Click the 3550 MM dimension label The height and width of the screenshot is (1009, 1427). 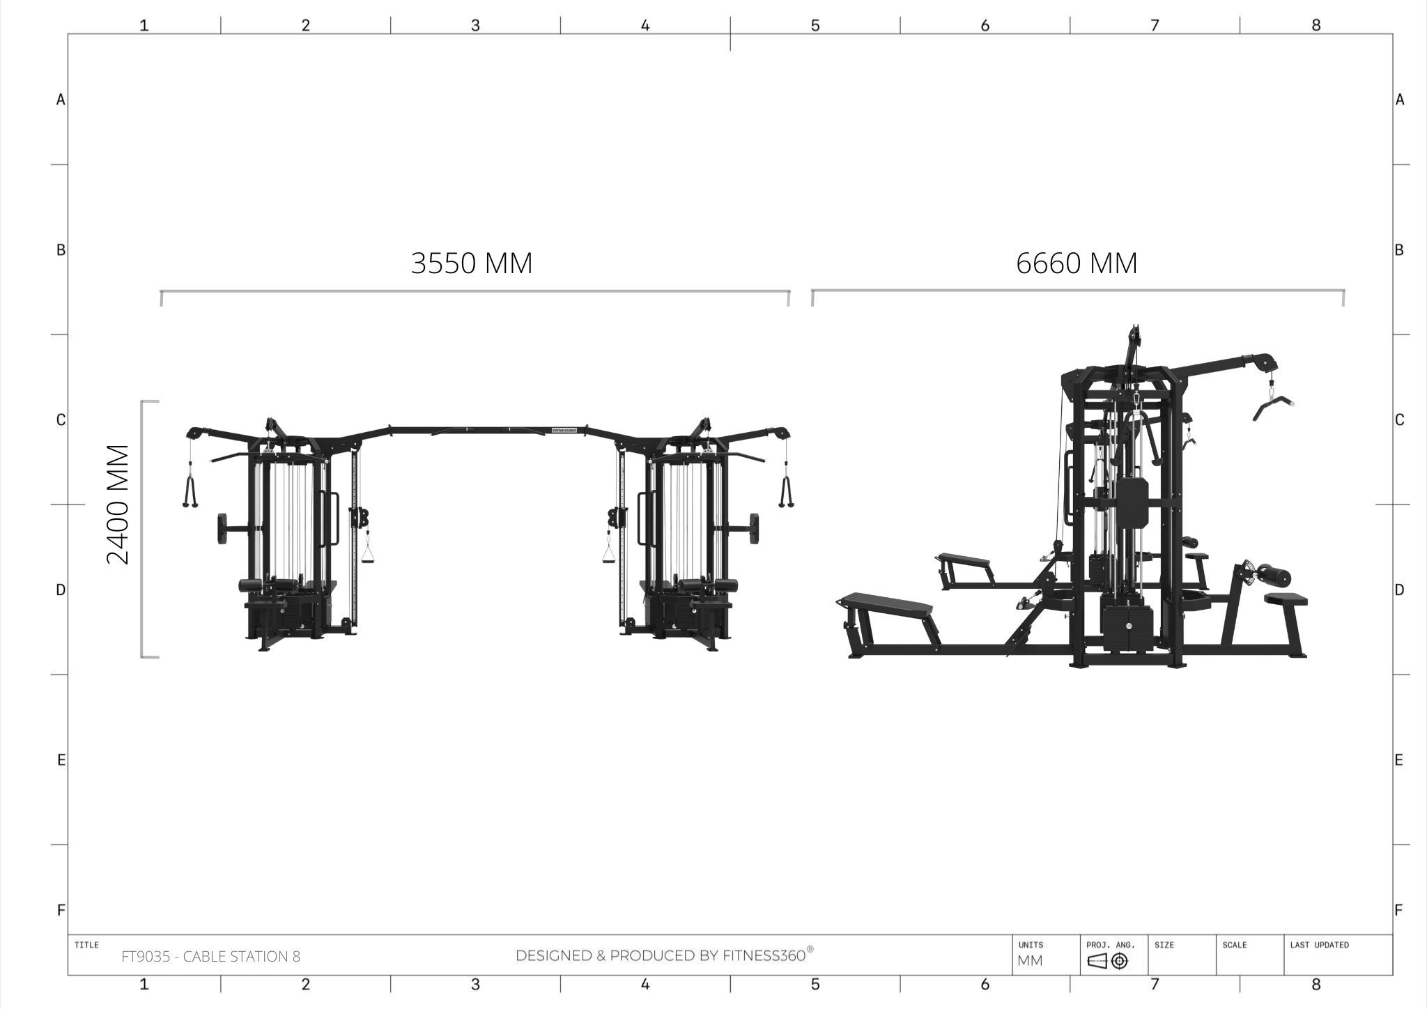[472, 263]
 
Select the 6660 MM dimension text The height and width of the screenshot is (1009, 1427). [1077, 263]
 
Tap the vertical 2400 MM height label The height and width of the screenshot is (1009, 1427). [118, 504]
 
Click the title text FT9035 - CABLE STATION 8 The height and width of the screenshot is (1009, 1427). [210, 957]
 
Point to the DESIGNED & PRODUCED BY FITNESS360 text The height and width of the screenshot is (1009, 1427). [664, 955]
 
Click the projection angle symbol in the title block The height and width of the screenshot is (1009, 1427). [1107, 962]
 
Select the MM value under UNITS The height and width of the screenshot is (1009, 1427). [1030, 961]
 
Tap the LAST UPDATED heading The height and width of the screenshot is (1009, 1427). [1319, 945]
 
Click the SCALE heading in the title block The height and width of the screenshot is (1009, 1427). [1234, 945]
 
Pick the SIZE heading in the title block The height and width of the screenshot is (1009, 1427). [1164, 945]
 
